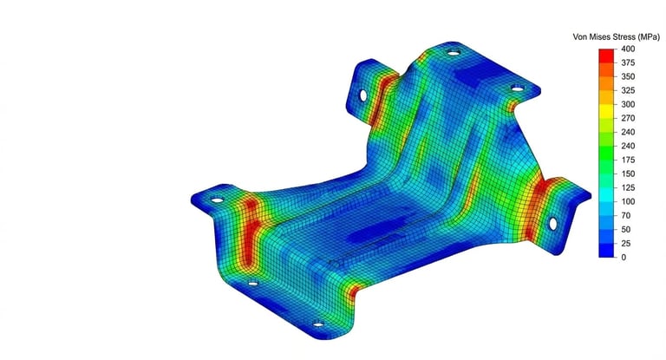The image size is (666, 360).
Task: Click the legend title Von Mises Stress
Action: [x=604, y=37]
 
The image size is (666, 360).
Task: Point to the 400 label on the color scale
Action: [x=628, y=49]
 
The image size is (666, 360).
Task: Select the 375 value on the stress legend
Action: [x=628, y=63]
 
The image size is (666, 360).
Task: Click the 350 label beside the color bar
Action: [x=628, y=76]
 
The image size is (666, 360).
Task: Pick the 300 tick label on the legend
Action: [x=628, y=105]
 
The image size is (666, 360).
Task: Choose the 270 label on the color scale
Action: [x=628, y=118]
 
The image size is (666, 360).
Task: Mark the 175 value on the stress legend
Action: [x=628, y=160]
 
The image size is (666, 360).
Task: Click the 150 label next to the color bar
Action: [x=628, y=173]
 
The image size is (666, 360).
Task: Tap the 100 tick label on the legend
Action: [x=628, y=201]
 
